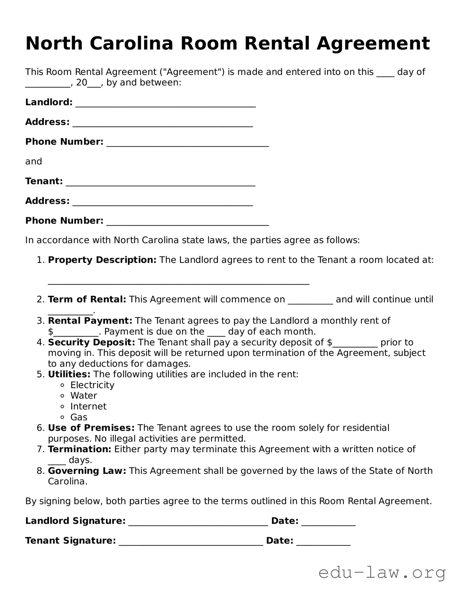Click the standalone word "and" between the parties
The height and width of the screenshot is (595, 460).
coord(33,161)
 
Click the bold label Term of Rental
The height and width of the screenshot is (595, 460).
coord(87,299)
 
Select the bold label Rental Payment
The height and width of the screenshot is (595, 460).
coord(90,321)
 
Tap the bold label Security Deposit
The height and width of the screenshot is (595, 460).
coord(91,342)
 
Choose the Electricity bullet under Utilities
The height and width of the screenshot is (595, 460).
coord(92,385)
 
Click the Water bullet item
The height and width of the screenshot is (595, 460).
coord(83,396)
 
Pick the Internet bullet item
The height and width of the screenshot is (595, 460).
coord(88,406)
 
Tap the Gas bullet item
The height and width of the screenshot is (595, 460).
coord(79,417)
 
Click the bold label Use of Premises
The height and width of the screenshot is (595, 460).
coord(91,428)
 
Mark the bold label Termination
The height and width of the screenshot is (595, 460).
coord(79,449)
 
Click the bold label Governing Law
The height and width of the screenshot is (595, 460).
coord(87,471)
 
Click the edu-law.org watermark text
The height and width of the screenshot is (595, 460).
coord(382,573)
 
